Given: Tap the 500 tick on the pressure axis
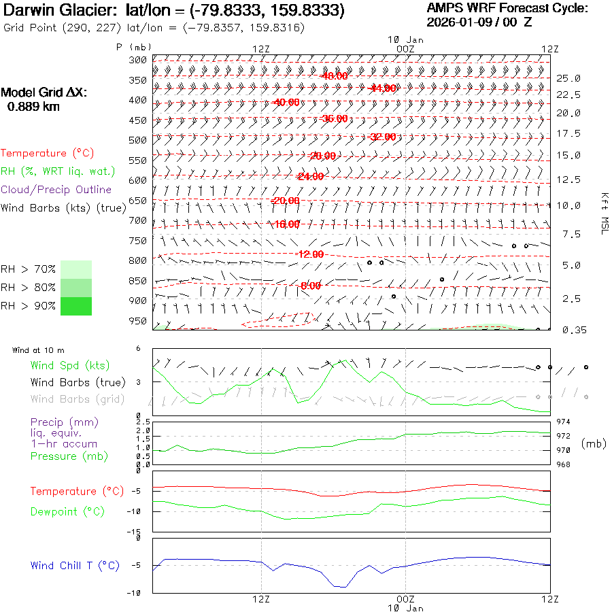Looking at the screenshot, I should coord(138,140).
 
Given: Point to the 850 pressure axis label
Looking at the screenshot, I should coord(138,281).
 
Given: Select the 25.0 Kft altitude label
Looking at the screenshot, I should coord(568,79).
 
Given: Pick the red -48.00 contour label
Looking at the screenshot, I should coord(334,76).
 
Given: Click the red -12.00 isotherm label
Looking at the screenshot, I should coord(310,254).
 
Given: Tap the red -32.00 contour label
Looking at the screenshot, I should coord(382,137).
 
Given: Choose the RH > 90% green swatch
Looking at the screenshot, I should coord(76,306).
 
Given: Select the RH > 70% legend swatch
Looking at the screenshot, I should coord(76,269).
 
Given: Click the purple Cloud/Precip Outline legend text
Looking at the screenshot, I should coord(56,190).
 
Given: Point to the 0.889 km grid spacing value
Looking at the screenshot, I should coord(33,107).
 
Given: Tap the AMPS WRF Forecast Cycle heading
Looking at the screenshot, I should coord(507,8).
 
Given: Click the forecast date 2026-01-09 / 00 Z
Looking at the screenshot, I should coord(479,22).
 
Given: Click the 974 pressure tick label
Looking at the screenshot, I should coord(564,422).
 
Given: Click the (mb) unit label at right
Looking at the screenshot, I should coord(593,443).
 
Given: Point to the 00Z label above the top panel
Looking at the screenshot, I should coord(405,49).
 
